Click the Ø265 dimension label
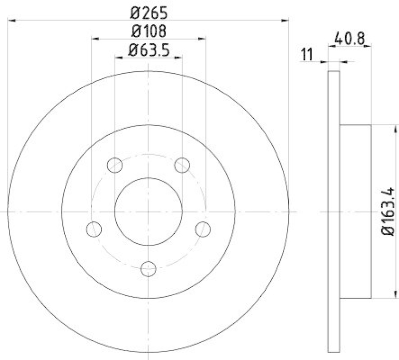coord(149,10)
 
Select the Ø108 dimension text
coord(148,31)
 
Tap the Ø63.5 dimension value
coord(148,50)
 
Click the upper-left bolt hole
coord(115,164)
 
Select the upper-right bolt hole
coord(183,164)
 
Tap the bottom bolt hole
coord(148,269)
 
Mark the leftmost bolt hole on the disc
coord(94,229)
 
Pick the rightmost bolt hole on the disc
coord(203,229)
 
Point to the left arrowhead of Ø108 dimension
coord(95,38)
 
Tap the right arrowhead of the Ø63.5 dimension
coord(178,58)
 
